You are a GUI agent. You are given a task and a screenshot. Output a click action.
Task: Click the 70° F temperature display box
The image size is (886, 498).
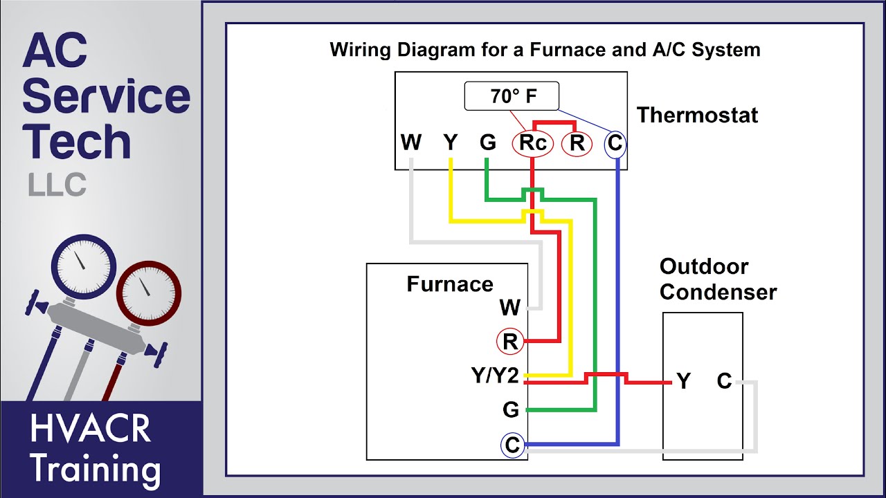(511, 97)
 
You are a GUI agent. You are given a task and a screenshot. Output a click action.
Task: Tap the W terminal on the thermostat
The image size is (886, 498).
(411, 143)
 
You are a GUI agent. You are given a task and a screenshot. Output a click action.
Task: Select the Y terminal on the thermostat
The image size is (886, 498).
(451, 143)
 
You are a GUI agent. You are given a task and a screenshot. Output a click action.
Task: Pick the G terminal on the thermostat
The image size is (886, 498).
(488, 143)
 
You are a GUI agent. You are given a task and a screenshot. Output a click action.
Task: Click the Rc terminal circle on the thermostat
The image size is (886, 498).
(532, 143)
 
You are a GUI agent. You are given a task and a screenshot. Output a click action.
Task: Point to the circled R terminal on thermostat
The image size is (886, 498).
(577, 143)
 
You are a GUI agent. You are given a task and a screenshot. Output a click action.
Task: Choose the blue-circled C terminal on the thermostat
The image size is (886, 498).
(615, 144)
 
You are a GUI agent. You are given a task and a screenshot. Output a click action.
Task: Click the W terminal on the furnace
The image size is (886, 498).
(509, 307)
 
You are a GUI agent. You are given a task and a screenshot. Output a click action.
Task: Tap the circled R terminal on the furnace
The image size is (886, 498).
(510, 342)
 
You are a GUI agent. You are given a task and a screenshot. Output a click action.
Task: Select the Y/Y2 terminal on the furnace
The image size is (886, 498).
(495, 376)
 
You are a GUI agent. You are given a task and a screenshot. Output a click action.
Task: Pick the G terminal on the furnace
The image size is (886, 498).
(511, 410)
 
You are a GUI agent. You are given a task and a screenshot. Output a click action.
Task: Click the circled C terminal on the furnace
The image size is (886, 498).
(512, 445)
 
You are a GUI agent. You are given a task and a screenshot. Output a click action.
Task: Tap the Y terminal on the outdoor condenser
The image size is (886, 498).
(683, 381)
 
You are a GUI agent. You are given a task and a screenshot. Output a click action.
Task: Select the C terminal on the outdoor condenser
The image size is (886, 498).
(724, 381)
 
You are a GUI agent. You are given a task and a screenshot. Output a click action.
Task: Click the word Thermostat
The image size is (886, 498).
(697, 115)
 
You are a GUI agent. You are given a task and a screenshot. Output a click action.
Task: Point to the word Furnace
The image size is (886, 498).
(450, 284)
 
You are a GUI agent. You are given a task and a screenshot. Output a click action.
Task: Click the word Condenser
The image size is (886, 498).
(718, 292)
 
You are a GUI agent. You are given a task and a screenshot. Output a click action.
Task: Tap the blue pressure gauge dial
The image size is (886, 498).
(84, 267)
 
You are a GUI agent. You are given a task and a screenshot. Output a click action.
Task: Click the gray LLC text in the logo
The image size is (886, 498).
(57, 185)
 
